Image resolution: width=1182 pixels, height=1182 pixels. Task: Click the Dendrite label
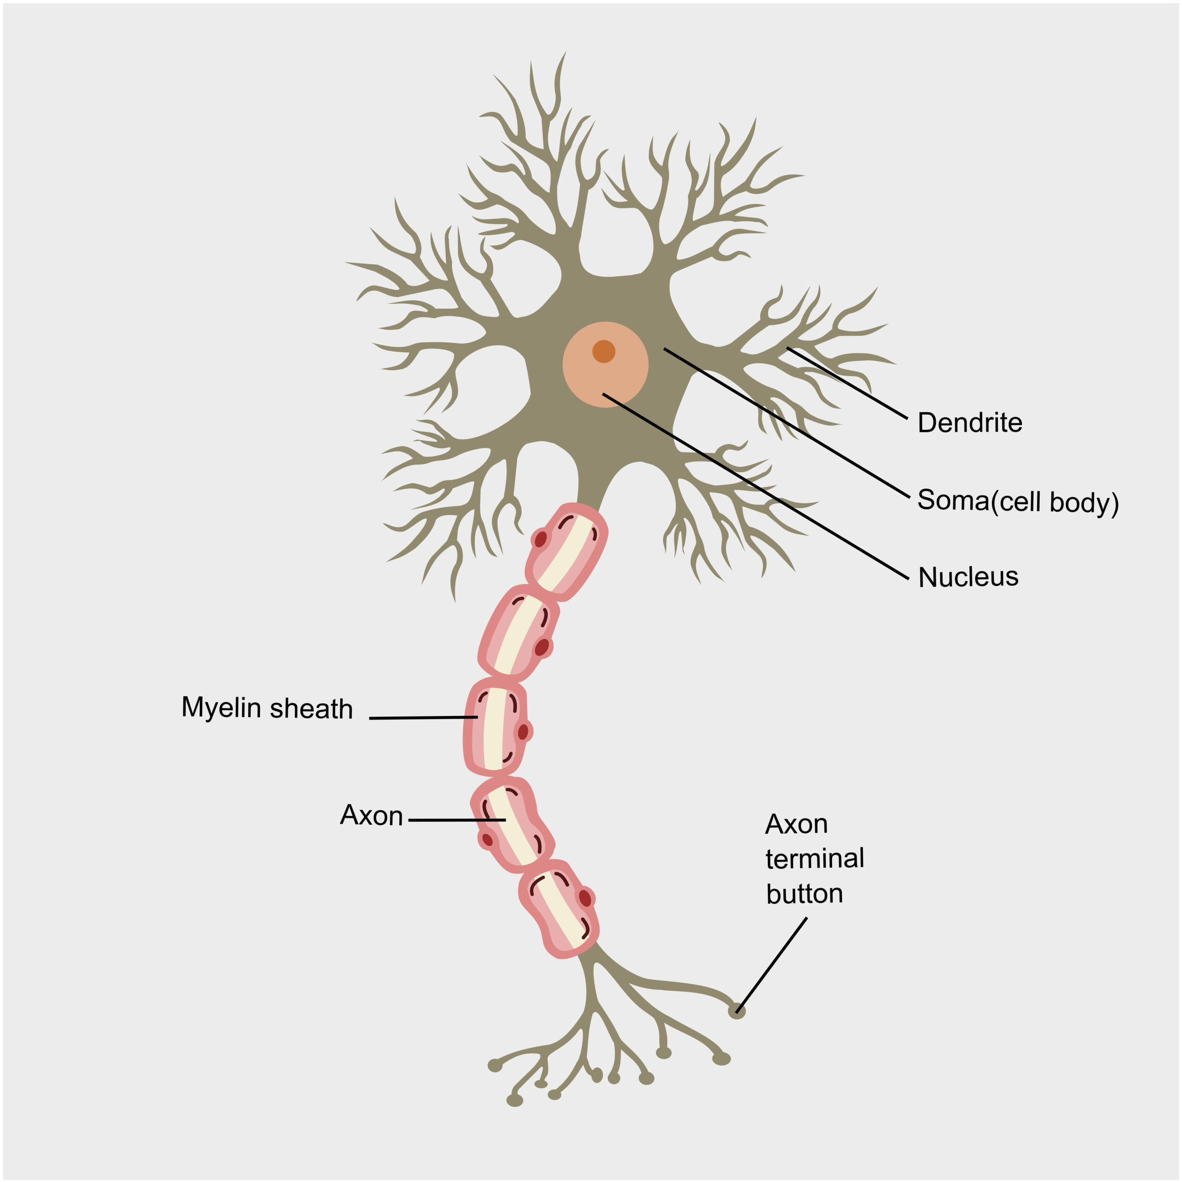click(x=970, y=423)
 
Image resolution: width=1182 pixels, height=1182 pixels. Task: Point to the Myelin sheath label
click(x=267, y=708)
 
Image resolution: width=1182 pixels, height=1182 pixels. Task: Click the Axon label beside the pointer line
click(x=371, y=815)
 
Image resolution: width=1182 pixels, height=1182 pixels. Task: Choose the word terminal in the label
click(x=814, y=859)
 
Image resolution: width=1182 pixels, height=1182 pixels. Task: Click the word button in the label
click(x=804, y=894)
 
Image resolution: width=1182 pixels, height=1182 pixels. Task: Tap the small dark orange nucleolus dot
click(x=604, y=351)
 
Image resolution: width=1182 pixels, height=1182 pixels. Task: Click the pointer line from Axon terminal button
click(x=772, y=964)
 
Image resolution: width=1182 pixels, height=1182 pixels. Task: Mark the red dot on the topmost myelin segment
click(x=541, y=539)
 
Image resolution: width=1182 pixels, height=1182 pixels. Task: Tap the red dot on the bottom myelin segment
click(x=585, y=898)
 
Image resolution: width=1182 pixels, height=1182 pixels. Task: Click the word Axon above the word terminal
click(x=796, y=824)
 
